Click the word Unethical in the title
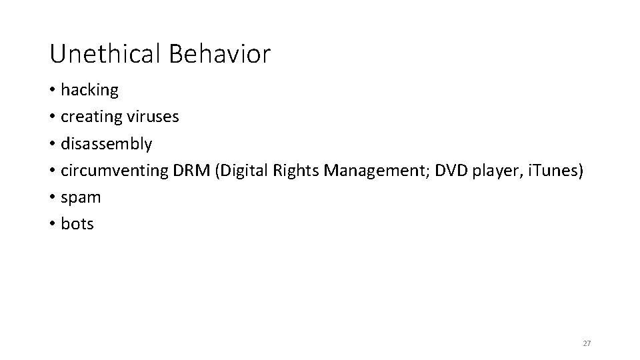pos(105,54)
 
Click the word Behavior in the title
pos(219,54)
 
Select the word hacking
pos(89,90)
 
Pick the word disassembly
pos(107,144)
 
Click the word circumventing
pos(113,171)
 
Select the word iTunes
pos(555,170)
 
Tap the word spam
pos(81,198)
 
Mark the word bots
pos(77,224)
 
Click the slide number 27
pos(587,343)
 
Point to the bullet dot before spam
pos(53,197)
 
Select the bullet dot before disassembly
pos(53,144)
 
